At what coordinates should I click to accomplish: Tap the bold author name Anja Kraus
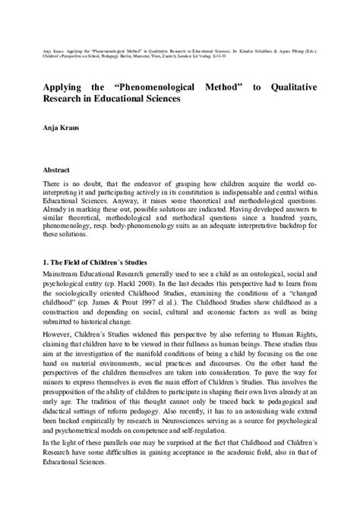[x=64, y=129]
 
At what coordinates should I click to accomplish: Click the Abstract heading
[x=58, y=172]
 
